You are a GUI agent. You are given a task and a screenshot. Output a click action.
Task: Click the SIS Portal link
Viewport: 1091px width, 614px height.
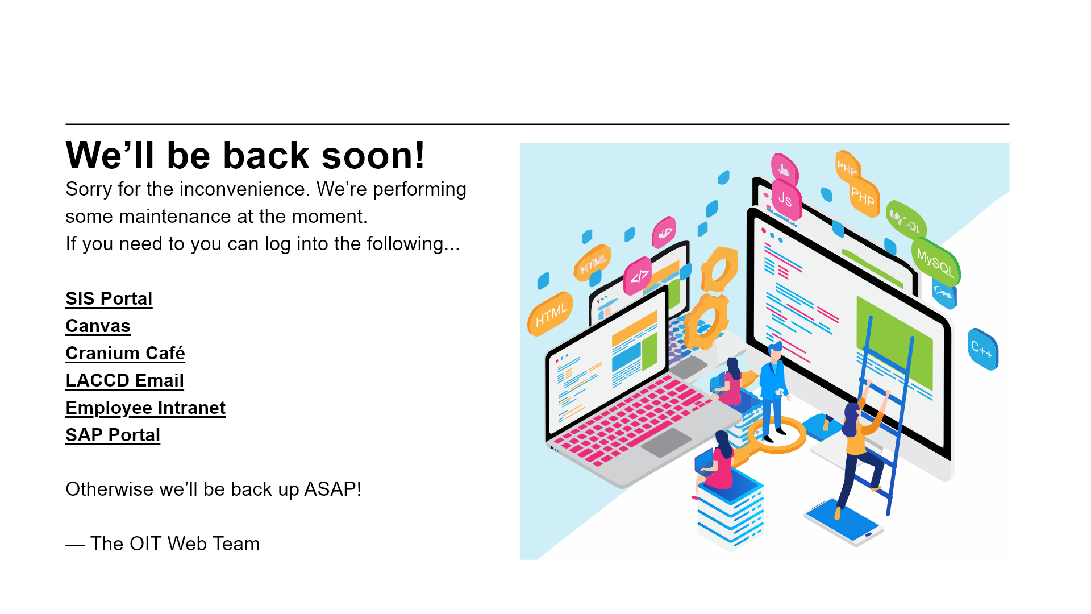[x=109, y=298]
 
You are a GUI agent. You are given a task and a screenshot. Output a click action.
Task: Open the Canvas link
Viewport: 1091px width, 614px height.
[x=98, y=326]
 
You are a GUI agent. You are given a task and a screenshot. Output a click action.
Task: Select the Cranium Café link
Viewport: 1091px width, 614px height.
[x=125, y=353]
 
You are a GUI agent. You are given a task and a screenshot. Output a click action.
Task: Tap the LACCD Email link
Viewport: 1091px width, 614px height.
[x=124, y=380]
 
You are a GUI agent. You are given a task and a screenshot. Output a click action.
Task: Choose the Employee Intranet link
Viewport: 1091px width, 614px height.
[x=145, y=408]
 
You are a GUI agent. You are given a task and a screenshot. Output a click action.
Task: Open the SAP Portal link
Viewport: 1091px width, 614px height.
[x=113, y=435]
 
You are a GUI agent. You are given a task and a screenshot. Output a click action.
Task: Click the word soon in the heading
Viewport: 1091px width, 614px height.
[x=373, y=155]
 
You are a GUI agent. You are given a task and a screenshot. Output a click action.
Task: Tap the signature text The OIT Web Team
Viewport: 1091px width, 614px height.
[x=175, y=544]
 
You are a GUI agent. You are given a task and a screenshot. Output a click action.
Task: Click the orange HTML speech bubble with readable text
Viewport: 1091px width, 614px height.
[x=550, y=314]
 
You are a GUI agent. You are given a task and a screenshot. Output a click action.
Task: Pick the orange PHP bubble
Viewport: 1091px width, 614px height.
[x=864, y=197]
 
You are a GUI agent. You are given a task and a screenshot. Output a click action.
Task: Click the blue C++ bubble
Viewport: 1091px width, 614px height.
[x=983, y=349]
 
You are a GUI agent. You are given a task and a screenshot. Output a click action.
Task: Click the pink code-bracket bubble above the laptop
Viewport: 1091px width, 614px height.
[x=639, y=276]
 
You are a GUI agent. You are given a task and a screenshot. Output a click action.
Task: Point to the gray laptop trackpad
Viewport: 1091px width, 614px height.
[x=667, y=442]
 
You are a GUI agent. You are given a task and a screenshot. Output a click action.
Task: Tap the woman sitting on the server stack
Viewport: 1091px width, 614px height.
[x=717, y=463]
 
